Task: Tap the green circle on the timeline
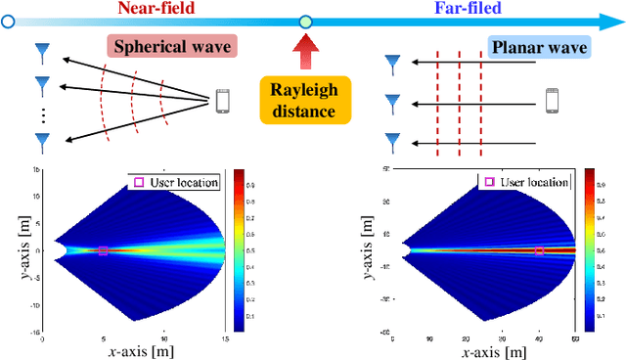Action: [x=305, y=20]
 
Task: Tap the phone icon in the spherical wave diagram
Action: [x=222, y=100]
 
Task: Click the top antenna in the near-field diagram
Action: [x=42, y=50]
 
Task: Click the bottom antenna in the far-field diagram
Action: [x=392, y=142]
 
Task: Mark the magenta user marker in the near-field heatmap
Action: [x=103, y=251]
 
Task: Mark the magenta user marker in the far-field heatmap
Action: [x=538, y=251]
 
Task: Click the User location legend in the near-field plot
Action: [x=174, y=182]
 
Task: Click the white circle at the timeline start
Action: [x=9, y=20]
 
